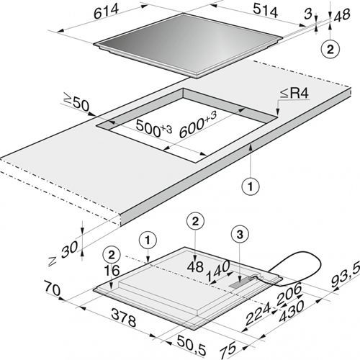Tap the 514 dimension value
pos(266,12)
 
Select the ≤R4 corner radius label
pos(294,94)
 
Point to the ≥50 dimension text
pos(76,103)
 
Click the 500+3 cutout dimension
pos(154,129)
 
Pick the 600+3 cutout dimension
pos(198,125)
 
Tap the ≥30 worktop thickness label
pos(63,253)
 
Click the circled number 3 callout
pos(240,235)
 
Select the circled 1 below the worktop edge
pos(251,186)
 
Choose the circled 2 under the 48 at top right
pos(330,50)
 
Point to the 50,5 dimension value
pos(192,345)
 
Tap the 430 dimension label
pos(292,311)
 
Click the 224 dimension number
pos(258,314)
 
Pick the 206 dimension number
pos(289,294)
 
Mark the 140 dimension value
pos(218,271)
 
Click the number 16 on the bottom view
pos(112,271)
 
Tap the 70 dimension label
pos(52,289)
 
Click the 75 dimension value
pos(228,350)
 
